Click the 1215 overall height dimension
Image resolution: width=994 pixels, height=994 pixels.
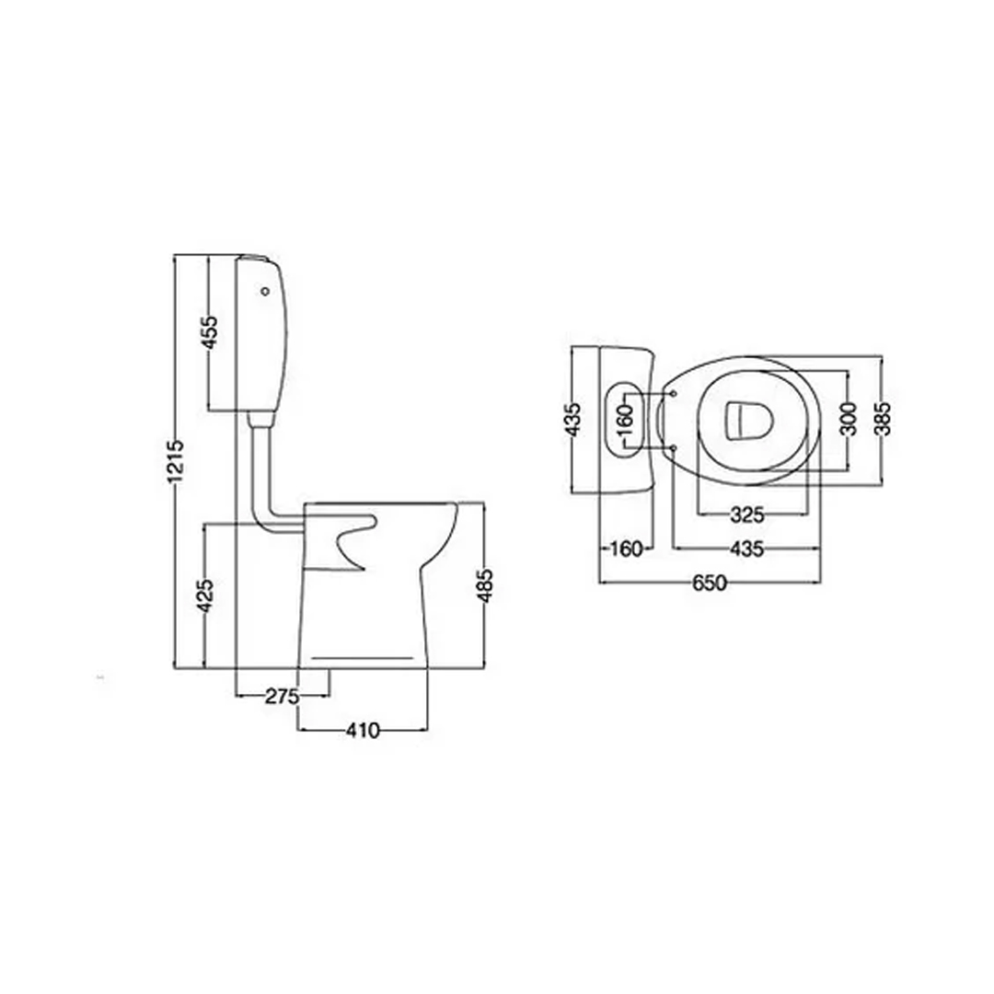(x=176, y=461)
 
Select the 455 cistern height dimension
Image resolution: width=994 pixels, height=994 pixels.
(x=210, y=332)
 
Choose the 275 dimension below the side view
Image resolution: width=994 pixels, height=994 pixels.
(x=282, y=697)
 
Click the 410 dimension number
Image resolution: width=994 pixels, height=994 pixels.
(x=363, y=731)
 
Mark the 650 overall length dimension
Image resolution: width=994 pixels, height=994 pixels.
(x=710, y=583)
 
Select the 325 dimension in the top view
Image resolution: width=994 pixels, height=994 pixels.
(x=747, y=514)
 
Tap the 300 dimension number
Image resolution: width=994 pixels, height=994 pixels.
(x=849, y=419)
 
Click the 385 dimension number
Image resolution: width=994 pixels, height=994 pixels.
(x=883, y=419)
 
